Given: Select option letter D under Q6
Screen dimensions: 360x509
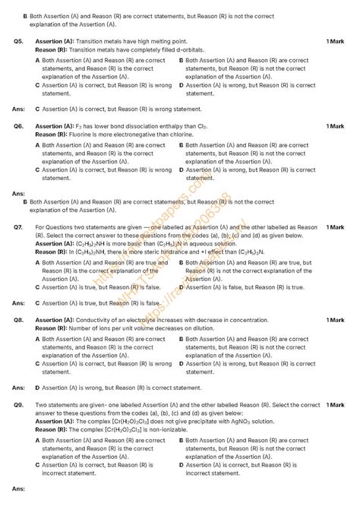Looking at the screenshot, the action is click(x=182, y=170).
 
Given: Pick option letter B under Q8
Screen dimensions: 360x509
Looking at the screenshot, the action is click(x=182, y=339).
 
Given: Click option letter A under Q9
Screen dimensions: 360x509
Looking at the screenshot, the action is click(x=38, y=440).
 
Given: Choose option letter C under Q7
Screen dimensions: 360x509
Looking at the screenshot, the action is click(x=38, y=287).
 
